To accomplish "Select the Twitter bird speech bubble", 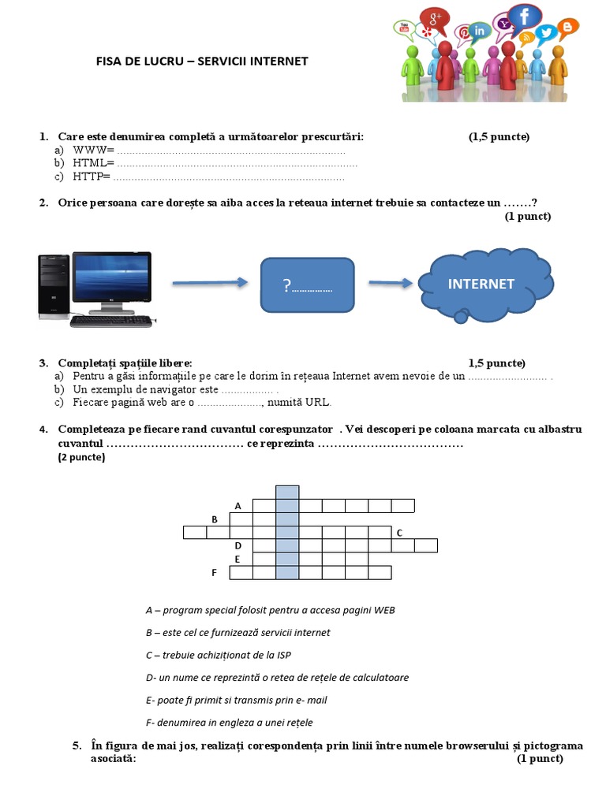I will pos(546,32).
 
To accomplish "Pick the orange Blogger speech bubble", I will pos(567,28).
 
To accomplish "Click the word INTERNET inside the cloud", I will pos(481,284).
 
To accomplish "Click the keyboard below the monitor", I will pos(113,322).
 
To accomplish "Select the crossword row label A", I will pos(238,505).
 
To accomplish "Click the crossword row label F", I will pos(213,573).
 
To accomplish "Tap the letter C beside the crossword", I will pos(399,533).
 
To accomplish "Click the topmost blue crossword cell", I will pos(287,492).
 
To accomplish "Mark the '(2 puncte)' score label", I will pos(81,457).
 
